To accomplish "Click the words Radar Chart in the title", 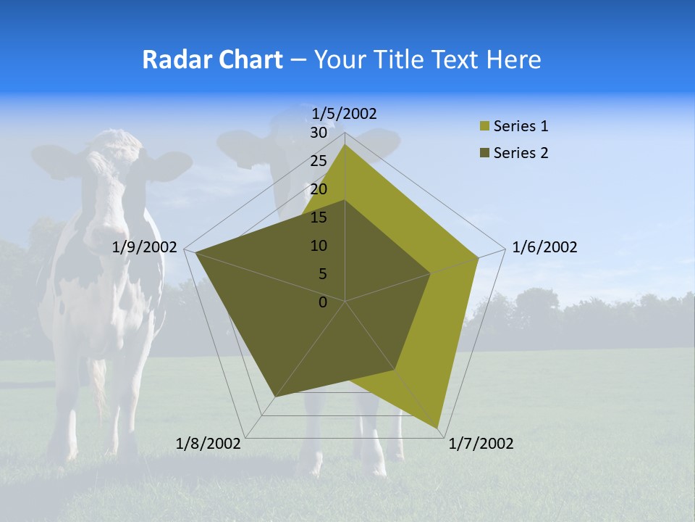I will [212, 59].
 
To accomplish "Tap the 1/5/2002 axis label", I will [345, 113].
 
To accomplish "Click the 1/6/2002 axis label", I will [544, 247].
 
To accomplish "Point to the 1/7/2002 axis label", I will [481, 444].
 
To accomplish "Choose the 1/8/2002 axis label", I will [208, 444].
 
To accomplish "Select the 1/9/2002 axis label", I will [145, 247].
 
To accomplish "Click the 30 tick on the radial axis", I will [319, 133].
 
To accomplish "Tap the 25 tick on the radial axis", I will [319, 162].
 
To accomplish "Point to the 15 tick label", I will [319, 217].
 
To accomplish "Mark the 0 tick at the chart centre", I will [323, 302].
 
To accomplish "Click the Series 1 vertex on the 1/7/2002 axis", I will [437, 428].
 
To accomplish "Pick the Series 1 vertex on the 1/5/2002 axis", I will [345, 145].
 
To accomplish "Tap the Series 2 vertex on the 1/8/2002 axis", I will [275, 397].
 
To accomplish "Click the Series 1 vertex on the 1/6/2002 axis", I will [478, 257].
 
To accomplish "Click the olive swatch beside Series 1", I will [484, 126].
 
